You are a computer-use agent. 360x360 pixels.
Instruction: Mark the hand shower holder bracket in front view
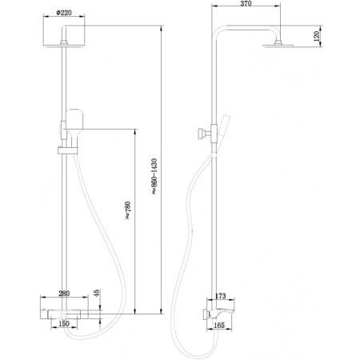[x=62, y=149]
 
